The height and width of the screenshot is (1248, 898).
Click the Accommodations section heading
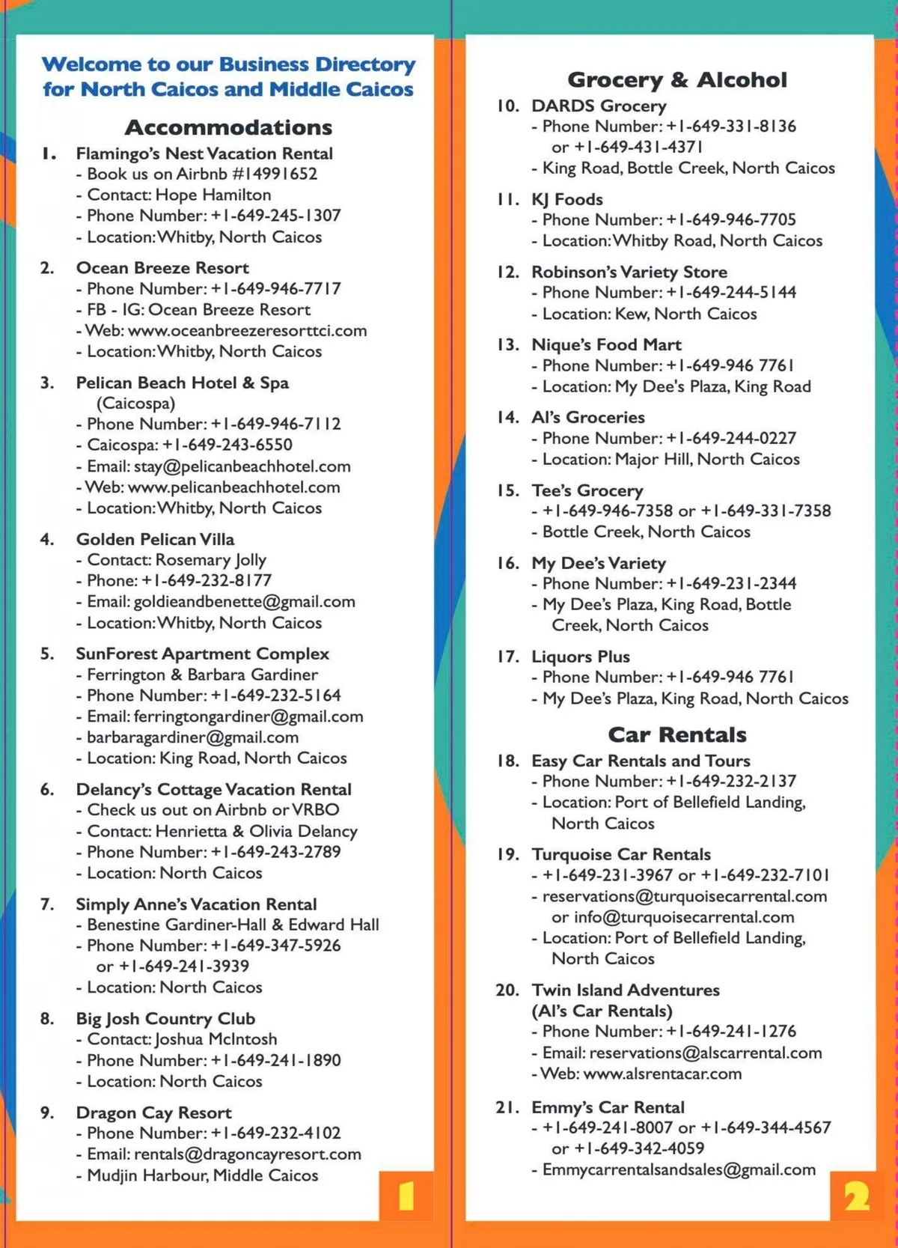pyautogui.click(x=228, y=127)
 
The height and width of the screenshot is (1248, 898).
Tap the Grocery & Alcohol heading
pyautogui.click(x=677, y=79)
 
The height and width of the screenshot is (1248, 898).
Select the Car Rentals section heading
pyautogui.click(x=677, y=734)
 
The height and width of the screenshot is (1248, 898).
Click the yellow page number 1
pyautogui.click(x=406, y=1196)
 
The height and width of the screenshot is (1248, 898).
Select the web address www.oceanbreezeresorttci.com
pyautogui.click(x=247, y=330)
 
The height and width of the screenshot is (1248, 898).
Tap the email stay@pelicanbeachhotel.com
pyautogui.click(x=242, y=466)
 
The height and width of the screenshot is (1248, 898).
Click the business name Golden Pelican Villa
pyautogui.click(x=155, y=539)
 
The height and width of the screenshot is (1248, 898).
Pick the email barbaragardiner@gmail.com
pyautogui.click(x=192, y=737)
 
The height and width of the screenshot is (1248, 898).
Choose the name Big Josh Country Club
pyautogui.click(x=165, y=1019)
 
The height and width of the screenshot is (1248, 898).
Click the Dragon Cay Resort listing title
pyautogui.click(x=153, y=1112)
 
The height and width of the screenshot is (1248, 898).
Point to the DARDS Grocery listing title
pyautogui.click(x=599, y=106)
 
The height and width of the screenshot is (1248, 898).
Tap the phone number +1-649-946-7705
pyautogui.click(x=731, y=219)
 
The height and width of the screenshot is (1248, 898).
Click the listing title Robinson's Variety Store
pyautogui.click(x=629, y=272)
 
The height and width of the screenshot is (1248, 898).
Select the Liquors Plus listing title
pyautogui.click(x=581, y=657)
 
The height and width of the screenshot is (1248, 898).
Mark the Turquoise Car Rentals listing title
pyautogui.click(x=621, y=854)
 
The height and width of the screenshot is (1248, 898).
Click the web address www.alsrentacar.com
pyautogui.click(x=662, y=1074)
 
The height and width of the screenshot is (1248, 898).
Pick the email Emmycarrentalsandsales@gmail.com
pyautogui.click(x=679, y=1169)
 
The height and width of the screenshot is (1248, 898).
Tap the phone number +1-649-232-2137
pyautogui.click(x=731, y=781)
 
